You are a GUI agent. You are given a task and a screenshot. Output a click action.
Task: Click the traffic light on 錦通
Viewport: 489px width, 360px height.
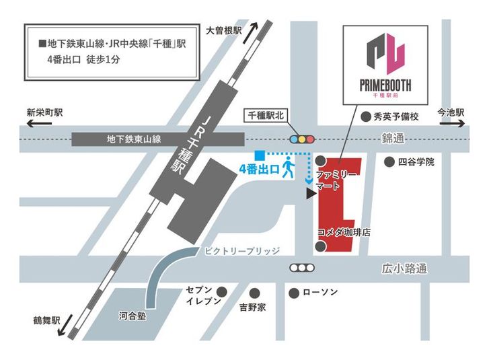(x=303, y=139)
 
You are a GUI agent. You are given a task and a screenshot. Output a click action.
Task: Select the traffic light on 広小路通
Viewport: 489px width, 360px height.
(x=301, y=268)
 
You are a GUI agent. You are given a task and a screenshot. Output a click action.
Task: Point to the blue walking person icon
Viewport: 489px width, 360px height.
(x=289, y=167)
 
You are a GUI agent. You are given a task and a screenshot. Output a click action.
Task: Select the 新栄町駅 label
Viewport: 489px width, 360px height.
(x=44, y=113)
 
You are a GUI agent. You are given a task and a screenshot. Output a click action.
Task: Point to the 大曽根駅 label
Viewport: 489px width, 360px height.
(x=223, y=30)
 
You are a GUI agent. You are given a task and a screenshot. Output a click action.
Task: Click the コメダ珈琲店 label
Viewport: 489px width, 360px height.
(x=348, y=232)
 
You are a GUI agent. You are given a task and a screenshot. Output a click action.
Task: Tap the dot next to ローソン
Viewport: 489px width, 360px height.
(x=294, y=293)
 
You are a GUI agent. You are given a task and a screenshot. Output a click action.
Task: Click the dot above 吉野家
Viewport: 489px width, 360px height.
(x=255, y=293)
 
